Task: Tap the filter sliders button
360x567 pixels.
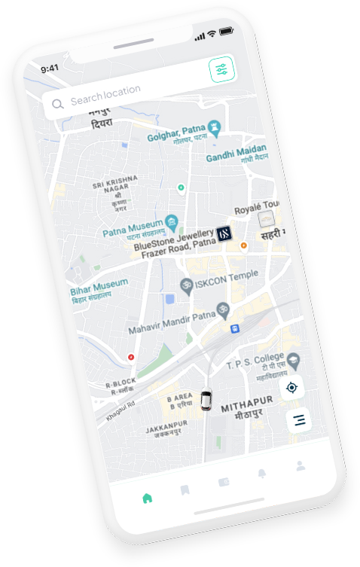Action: (222, 70)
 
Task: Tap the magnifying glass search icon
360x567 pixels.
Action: (57, 104)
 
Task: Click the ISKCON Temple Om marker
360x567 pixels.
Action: (186, 285)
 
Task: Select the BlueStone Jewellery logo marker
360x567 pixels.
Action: (224, 233)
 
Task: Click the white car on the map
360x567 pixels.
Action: (206, 399)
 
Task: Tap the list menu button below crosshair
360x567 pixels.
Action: (300, 420)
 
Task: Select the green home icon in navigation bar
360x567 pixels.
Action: (148, 498)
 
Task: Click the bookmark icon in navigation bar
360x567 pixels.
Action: (185, 491)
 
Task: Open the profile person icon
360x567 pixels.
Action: (301, 465)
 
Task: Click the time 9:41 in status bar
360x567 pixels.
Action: (50, 68)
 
